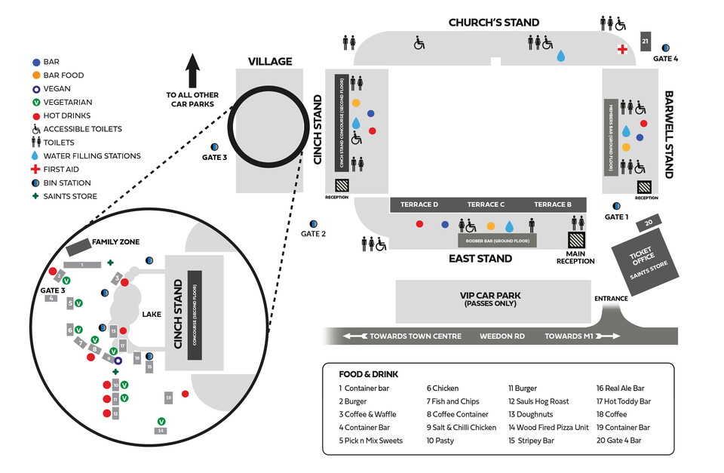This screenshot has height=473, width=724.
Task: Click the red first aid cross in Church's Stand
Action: click(622, 50)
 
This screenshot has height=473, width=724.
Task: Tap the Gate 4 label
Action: click(666, 59)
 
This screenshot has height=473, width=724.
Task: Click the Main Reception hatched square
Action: click(575, 240)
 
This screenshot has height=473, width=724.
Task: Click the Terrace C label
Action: click(486, 204)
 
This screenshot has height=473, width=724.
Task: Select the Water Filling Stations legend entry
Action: click(85, 156)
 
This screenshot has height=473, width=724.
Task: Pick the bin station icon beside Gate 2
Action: click(313, 224)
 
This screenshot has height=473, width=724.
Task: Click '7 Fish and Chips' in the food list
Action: click(452, 401)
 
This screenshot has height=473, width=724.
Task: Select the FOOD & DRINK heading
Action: click(369, 374)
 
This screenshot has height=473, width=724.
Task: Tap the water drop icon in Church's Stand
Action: click(560, 56)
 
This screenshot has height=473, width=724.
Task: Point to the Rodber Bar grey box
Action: click(497, 241)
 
